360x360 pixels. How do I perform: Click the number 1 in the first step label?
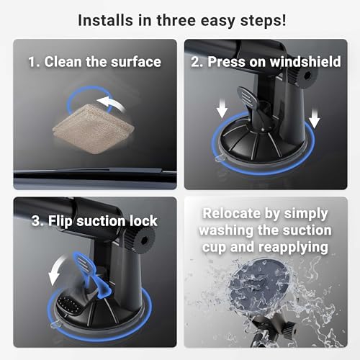point(32,62)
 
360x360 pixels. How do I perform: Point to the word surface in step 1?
point(135,62)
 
